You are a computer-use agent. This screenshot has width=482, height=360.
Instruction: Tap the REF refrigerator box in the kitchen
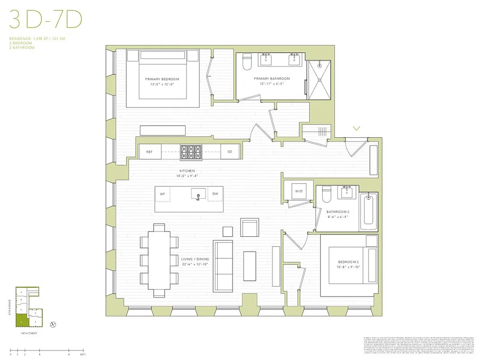[x=150, y=152]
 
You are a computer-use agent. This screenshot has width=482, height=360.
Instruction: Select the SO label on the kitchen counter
[x=229, y=152]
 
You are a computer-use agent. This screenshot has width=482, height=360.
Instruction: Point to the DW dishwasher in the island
[x=215, y=194]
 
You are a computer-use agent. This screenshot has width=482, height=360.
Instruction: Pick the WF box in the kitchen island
[x=163, y=194]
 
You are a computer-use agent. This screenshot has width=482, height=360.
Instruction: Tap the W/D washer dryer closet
[x=299, y=191]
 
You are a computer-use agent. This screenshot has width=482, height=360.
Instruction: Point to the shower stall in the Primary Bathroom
[x=320, y=80]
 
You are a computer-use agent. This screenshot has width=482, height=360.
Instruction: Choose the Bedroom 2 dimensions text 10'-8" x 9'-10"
[x=349, y=267]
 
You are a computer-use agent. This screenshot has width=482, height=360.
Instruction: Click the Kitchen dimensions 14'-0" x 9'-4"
[x=187, y=176]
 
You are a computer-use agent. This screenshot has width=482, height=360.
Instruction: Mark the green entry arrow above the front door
[x=356, y=129]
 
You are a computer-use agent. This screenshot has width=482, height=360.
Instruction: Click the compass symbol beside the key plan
[x=53, y=324]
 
